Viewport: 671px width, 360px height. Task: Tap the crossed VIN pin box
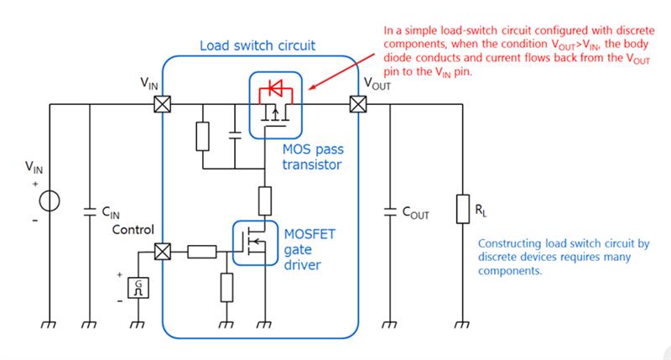click(x=160, y=104)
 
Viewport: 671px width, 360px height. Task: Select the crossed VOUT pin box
click(x=359, y=104)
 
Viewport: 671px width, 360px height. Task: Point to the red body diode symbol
click(x=273, y=86)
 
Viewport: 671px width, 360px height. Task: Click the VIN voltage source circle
click(x=51, y=201)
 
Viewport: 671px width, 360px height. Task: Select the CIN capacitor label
click(x=112, y=213)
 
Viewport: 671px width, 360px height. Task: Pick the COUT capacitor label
click(x=415, y=213)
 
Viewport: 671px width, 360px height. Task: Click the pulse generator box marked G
click(x=143, y=288)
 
